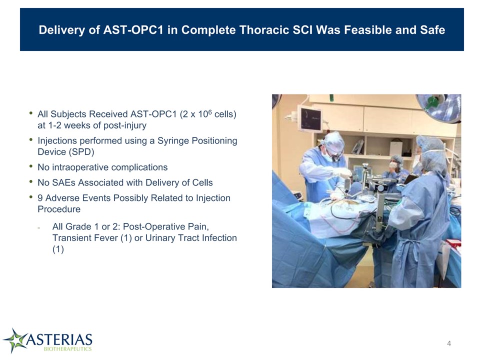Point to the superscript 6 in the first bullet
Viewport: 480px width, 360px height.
click(x=210, y=111)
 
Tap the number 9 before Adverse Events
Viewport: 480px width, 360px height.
click(x=40, y=198)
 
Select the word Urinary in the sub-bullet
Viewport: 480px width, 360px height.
click(x=159, y=238)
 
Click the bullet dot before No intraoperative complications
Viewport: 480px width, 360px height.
click(x=31, y=166)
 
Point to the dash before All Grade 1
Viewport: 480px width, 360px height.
click(x=39, y=227)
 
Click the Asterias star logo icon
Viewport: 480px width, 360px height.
click(x=14, y=340)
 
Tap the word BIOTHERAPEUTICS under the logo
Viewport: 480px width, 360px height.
click(x=67, y=349)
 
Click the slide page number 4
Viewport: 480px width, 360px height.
click(x=449, y=343)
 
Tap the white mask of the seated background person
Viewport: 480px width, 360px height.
click(x=393, y=165)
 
